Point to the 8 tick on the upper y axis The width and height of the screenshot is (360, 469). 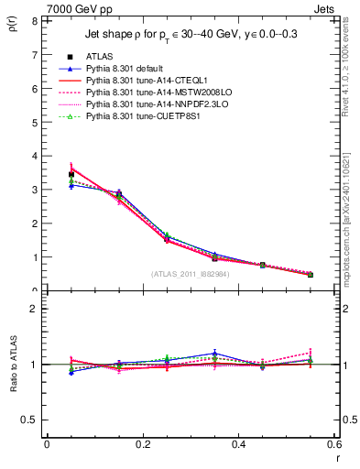click(x=33, y=20)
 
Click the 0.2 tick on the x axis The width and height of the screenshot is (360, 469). click(x=143, y=444)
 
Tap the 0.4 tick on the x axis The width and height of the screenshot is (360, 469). click(x=239, y=444)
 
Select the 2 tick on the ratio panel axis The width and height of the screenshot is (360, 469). click(x=33, y=309)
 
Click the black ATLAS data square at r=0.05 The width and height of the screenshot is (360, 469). click(x=71, y=174)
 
